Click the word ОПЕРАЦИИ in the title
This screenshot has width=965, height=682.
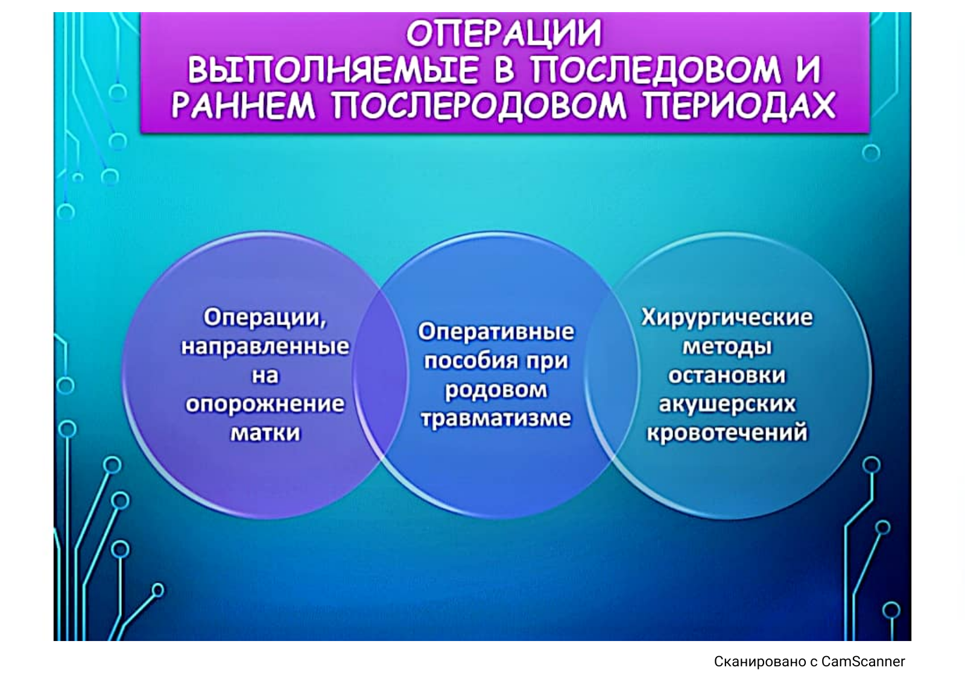point(504,34)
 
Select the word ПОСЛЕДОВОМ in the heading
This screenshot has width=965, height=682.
point(655,70)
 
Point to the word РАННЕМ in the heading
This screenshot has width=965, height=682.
point(244,105)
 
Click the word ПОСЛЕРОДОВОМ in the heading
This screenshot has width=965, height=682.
point(479,106)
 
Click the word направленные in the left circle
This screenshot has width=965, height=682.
point(265,347)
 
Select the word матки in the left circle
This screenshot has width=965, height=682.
point(265,433)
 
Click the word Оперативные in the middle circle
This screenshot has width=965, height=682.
point(496,332)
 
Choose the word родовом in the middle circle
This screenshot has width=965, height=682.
point(496,390)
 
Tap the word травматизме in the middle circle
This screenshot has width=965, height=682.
point(496,418)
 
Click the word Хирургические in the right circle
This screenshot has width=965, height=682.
point(727,318)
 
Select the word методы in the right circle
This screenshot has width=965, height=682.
point(727,347)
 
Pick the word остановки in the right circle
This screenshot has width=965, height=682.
point(727,376)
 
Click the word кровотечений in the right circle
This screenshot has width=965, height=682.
point(727,433)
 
